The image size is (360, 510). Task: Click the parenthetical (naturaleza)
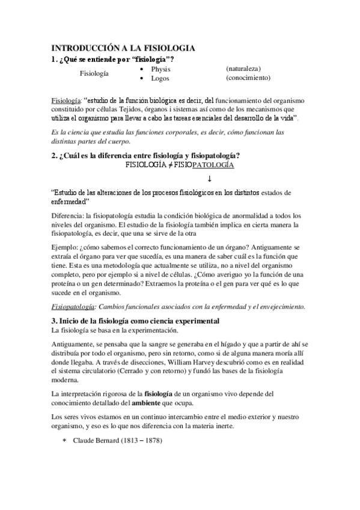(x=243, y=69)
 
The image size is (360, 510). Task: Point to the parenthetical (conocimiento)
(x=248, y=78)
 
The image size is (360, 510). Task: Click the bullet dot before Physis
(x=141, y=69)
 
